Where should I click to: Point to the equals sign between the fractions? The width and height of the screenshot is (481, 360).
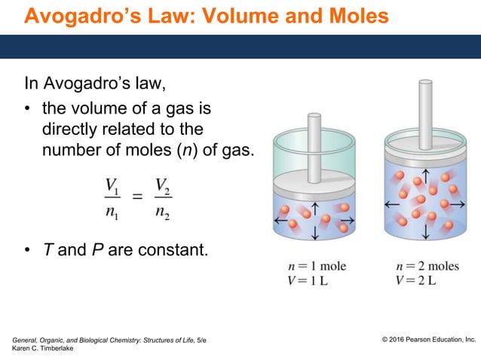(x=137, y=198)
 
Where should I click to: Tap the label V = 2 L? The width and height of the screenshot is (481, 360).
(x=415, y=281)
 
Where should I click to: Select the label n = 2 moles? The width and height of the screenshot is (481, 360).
(x=426, y=267)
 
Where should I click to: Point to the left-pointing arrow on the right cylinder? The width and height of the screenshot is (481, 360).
(x=392, y=204)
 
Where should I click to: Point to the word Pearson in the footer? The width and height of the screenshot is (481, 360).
(x=425, y=340)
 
